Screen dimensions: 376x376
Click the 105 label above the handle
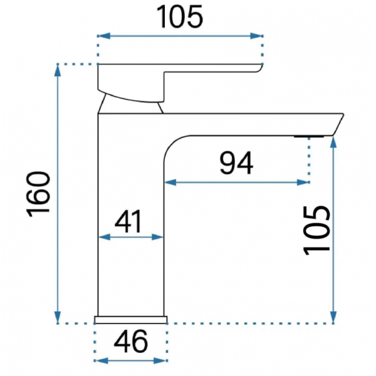[180, 17]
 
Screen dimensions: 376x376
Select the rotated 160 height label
[39, 194]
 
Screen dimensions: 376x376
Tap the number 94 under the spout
[236, 163]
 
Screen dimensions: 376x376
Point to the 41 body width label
[128, 221]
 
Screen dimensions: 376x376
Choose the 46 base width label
[131, 342]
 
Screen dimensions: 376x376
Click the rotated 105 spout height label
[317, 231]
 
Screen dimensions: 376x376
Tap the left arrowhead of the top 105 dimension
[104, 36]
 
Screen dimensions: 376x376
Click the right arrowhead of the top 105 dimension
[256, 36]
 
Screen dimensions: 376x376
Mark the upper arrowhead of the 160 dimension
[58, 70]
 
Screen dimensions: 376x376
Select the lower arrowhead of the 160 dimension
[58, 318]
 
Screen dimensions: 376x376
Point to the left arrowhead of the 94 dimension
[170, 182]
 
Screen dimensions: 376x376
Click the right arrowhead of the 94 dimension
[303, 182]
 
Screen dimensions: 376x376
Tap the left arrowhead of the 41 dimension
[104, 238]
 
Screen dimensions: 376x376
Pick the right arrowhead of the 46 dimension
[160, 361]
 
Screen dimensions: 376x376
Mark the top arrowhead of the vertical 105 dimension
[333, 142]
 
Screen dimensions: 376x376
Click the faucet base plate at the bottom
[131, 320]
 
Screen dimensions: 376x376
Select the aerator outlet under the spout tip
[309, 137]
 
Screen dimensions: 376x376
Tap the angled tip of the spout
[338, 124]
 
